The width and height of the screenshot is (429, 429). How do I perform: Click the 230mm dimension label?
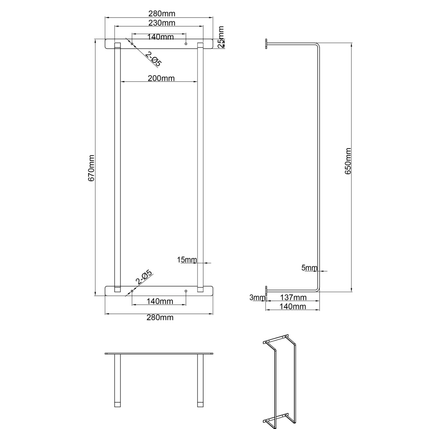click(x=160, y=22)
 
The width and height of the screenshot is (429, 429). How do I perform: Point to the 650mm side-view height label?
click(x=347, y=160)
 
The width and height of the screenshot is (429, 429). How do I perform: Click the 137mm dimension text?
click(x=293, y=297)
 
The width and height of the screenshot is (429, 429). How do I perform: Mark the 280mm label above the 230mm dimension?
click(x=160, y=11)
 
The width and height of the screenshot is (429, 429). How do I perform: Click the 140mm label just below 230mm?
click(x=160, y=35)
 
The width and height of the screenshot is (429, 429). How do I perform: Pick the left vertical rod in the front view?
click(x=118, y=170)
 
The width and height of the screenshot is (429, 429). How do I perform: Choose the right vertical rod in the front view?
click(x=201, y=170)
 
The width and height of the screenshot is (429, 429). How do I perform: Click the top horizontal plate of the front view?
click(x=160, y=44)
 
